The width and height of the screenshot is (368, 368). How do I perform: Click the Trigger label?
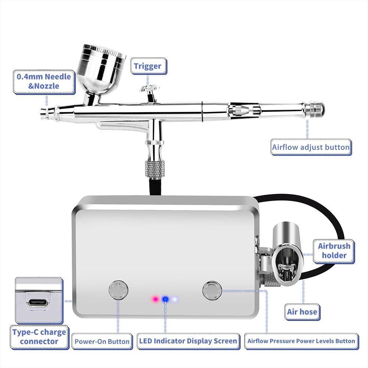pos(147,66)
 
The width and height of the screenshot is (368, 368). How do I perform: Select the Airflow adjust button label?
pos(311,147)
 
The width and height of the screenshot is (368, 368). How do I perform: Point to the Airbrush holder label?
pos(334,251)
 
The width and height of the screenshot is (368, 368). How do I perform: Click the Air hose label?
pos(302,312)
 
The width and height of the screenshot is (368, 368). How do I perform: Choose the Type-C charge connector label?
pos(39,336)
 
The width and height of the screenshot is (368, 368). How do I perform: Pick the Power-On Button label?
pos(102,341)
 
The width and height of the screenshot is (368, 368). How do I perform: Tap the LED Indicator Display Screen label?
pos(188,341)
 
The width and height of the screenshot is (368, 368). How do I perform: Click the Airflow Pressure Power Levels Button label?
pos(301,341)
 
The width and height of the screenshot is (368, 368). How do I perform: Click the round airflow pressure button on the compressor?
pos(212,290)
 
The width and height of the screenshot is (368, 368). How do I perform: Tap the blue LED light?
pos(165,299)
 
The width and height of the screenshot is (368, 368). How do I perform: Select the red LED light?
pos(156,299)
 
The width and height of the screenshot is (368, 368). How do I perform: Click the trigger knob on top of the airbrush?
pos(149,89)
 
